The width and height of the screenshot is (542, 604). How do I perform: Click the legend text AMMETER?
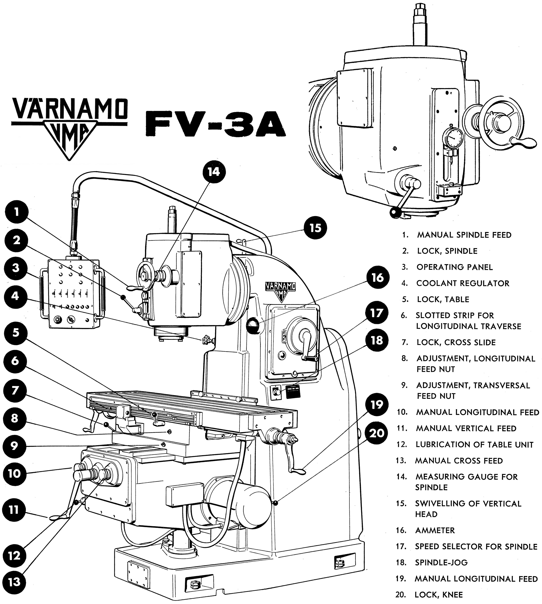pyautogui.click(x=435, y=530)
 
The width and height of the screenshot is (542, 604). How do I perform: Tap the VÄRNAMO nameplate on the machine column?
pyautogui.click(x=281, y=288)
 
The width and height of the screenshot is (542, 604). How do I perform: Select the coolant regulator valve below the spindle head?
pyautogui.click(x=206, y=340)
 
